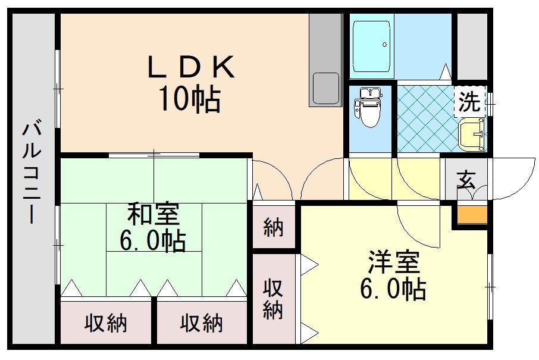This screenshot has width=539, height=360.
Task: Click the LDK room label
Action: coord(191,67)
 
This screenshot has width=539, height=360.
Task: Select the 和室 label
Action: coord(153,214)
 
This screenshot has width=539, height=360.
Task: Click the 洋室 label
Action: coord(394,262)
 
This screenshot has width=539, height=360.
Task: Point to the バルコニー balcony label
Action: coord(32,171)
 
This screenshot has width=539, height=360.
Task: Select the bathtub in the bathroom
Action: coord(372,46)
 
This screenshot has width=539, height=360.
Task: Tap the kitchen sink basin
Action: coord(325,89)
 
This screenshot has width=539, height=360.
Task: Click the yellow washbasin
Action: coord(472,134)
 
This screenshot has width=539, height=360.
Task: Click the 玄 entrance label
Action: coord(466,180)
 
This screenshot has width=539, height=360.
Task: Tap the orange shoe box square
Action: coord(472,215)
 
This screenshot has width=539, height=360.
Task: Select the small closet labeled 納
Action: coord(274,227)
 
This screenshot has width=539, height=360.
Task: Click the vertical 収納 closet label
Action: coord(273,299)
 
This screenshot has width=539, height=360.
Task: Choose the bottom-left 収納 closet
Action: coord(106,322)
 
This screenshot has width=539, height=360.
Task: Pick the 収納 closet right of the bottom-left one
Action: coord(202,322)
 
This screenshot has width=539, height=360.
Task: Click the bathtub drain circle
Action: coord(385,45)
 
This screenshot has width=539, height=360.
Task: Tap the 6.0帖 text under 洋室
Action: coord(393,288)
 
